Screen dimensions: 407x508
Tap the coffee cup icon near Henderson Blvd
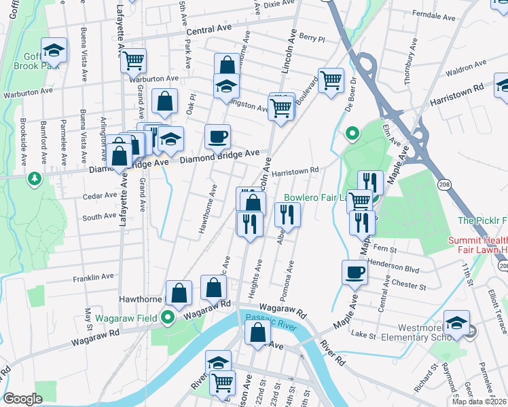click(355, 273)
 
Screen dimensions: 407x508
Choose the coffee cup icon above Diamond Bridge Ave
click(217, 137)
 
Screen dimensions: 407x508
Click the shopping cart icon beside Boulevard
click(331, 81)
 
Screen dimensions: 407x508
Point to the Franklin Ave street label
click(94, 277)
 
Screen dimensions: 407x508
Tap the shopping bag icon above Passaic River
click(257, 334)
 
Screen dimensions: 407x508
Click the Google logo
click(22, 399)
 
